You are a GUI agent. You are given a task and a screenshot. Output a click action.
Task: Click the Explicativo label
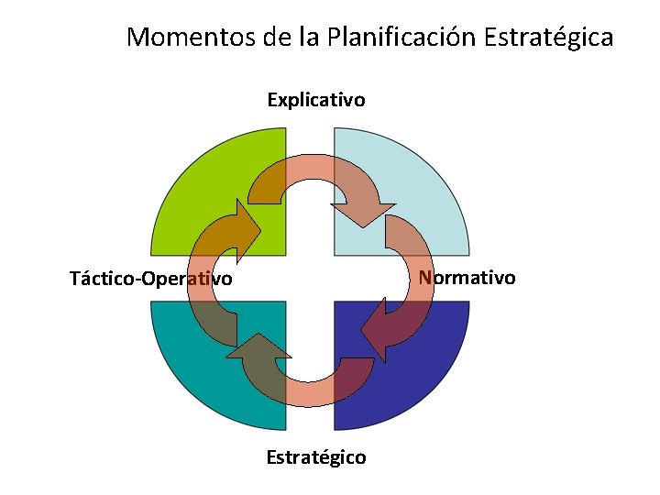click(316, 99)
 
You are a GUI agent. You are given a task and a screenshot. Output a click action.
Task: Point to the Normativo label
click(467, 277)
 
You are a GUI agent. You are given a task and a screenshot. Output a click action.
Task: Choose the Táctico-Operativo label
click(151, 278)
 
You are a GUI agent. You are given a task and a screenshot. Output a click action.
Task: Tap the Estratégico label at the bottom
click(316, 456)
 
